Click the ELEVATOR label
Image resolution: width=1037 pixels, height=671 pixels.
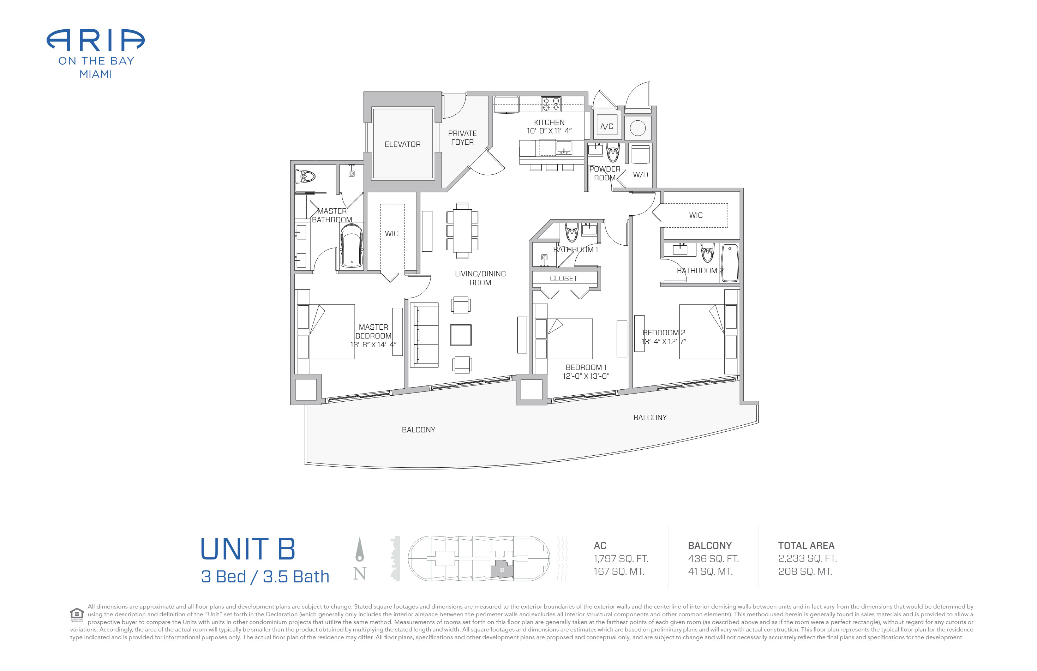(402, 144)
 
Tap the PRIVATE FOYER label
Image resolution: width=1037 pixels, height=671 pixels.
(462, 138)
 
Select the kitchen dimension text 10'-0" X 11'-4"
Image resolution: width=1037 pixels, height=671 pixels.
(549, 131)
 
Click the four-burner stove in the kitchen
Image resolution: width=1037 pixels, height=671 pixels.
(551, 104)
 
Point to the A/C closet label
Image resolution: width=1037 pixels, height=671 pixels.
(606, 126)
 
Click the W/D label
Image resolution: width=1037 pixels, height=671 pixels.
(640, 175)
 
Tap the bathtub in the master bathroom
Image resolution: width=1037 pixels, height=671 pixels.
(351, 246)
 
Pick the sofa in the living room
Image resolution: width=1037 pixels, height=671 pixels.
(425, 335)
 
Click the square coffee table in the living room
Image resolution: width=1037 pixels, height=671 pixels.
(461, 335)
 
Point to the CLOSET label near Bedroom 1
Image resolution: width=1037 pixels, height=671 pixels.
(563, 278)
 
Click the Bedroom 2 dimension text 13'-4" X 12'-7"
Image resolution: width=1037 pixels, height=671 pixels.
(664, 342)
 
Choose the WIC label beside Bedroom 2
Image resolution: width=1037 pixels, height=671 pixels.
(695, 215)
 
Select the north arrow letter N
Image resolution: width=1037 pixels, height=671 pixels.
(359, 573)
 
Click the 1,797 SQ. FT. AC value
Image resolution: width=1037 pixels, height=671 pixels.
(621, 559)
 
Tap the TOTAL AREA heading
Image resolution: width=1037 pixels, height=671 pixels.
(806, 545)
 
